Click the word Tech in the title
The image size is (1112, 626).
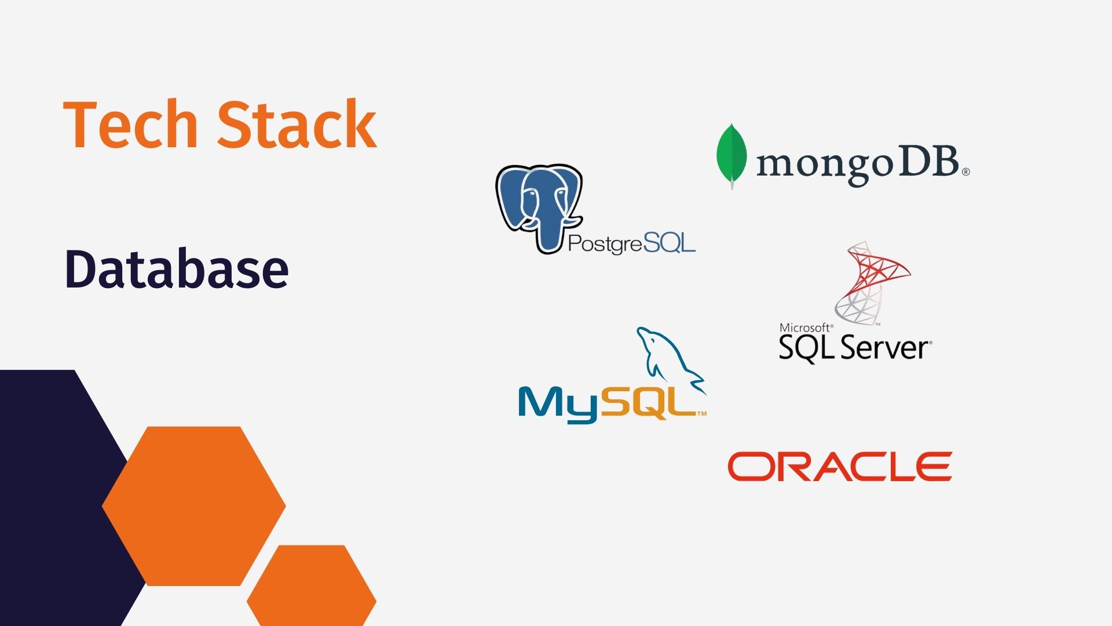tap(131, 125)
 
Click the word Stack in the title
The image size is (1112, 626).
tap(297, 125)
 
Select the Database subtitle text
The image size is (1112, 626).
tap(177, 269)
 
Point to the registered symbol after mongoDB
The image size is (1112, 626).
tap(965, 172)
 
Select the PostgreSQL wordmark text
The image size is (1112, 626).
tap(631, 243)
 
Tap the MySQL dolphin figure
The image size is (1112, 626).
tap(666, 359)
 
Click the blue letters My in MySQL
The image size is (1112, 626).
tap(557, 403)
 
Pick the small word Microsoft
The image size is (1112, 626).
tap(805, 327)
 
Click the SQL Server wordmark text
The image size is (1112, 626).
tap(854, 348)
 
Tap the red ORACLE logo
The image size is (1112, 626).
tap(840, 467)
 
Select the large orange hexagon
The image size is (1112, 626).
tap(194, 506)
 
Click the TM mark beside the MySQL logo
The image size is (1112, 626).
tap(701, 414)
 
